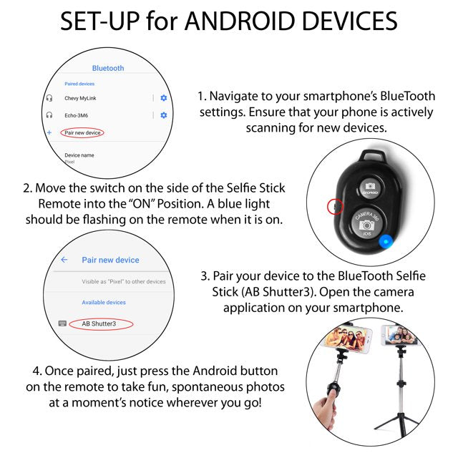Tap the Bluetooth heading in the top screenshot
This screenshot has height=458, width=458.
coord(108,68)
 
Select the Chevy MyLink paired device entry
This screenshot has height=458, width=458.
coord(81,98)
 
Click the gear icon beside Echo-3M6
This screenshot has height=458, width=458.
coord(164,115)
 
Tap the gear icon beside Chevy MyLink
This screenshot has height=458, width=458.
coord(164,98)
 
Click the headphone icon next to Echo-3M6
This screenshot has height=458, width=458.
coord(49,115)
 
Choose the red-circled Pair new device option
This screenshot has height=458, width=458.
coord(83,133)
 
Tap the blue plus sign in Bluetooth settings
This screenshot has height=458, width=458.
coord(49,133)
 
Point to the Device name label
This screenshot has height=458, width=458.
coord(79,155)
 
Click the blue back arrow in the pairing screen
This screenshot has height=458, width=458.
coord(64,260)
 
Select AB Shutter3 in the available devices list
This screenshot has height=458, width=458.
coord(98,323)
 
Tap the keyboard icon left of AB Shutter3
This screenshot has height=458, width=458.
coord(62,323)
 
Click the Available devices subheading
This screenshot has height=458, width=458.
coord(104,303)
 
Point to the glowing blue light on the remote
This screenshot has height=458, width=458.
coord(386,240)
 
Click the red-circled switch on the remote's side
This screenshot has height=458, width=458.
coord(333,207)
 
